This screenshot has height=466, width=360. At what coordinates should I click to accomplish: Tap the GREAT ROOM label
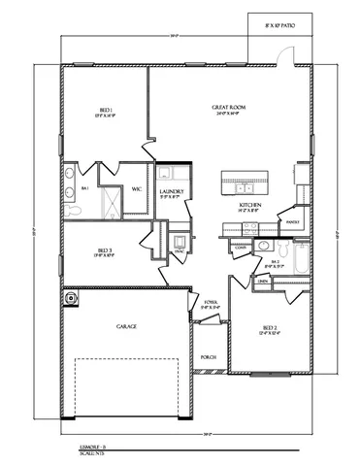pyautogui.click(x=227, y=111)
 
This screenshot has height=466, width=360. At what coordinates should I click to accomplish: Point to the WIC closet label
pyautogui.click(x=138, y=187)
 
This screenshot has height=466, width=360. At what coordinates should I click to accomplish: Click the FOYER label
pyautogui.click(x=210, y=307)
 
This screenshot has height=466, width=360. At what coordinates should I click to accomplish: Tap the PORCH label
pyautogui.click(x=208, y=357)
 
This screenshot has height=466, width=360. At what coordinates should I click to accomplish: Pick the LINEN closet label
pyautogui.click(x=263, y=282)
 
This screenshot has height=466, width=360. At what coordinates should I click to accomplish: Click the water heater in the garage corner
pyautogui.click(x=71, y=299)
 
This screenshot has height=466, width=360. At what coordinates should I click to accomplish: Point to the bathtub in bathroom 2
pyautogui.click(x=300, y=259)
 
